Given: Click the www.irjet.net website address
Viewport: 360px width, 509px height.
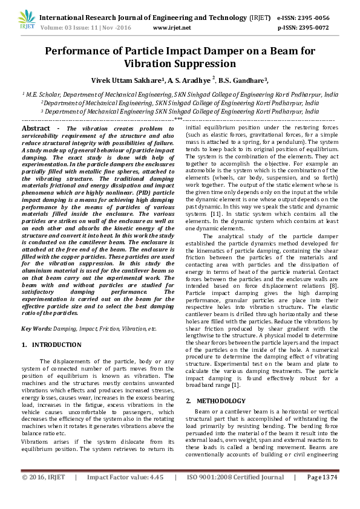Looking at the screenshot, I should [x=172, y=28].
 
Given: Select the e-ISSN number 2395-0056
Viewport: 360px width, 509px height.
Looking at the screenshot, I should [x=322, y=18].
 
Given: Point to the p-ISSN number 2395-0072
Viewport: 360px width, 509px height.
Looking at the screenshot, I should [x=322, y=28].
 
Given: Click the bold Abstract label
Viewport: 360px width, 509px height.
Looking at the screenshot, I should [x=36, y=129].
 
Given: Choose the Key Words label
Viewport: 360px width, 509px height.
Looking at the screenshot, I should [x=36, y=328].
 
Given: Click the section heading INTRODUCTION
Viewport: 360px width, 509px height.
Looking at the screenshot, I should [x=56, y=345].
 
